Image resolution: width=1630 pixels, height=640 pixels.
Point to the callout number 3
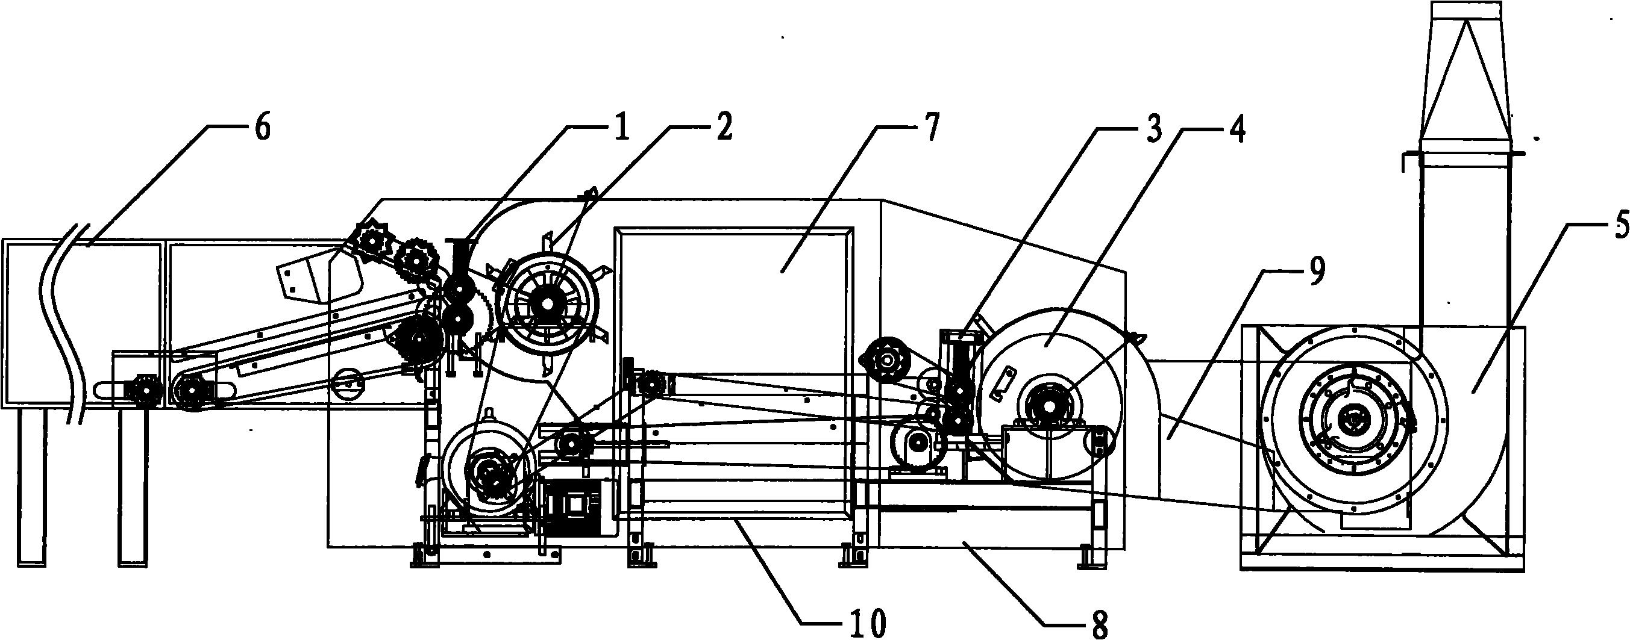[1154, 130]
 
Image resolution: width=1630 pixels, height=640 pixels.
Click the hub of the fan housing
[1352, 418]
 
